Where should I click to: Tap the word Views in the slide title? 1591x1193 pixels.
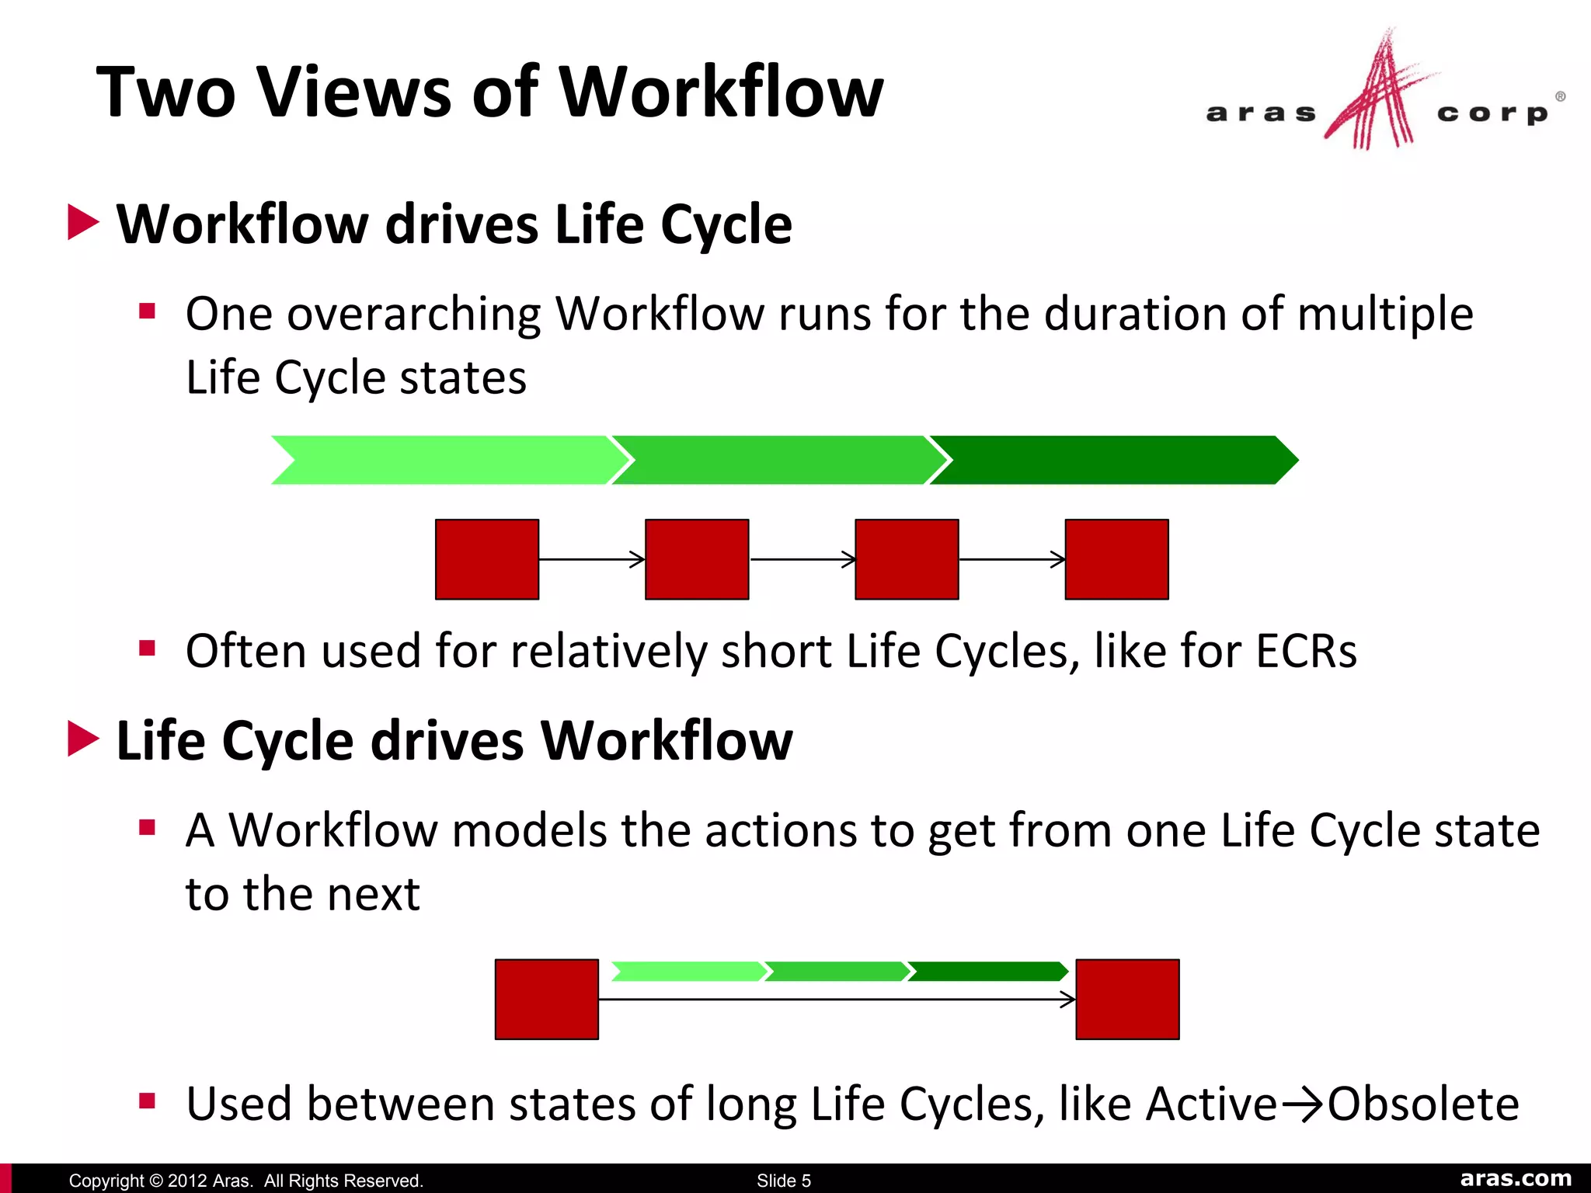(x=354, y=92)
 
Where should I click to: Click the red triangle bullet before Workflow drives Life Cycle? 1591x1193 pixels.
(x=83, y=223)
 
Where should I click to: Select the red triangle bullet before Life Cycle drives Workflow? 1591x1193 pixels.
(x=83, y=739)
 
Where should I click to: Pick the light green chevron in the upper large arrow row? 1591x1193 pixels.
(x=443, y=461)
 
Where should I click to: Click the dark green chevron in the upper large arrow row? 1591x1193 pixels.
(x=1111, y=461)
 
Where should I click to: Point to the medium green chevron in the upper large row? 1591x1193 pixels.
(x=777, y=461)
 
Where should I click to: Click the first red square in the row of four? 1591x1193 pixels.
(x=487, y=559)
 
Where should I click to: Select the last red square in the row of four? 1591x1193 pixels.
(x=1116, y=559)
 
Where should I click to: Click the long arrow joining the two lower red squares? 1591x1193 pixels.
(x=837, y=1000)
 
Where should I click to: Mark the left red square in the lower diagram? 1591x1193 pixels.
(x=547, y=1000)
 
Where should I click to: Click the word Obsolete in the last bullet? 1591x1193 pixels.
(x=1423, y=1104)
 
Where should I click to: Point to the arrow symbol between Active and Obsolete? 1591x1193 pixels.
(x=1301, y=1105)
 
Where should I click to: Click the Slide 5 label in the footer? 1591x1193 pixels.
(x=784, y=1181)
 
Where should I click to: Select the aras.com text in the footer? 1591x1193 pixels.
(x=1516, y=1179)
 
